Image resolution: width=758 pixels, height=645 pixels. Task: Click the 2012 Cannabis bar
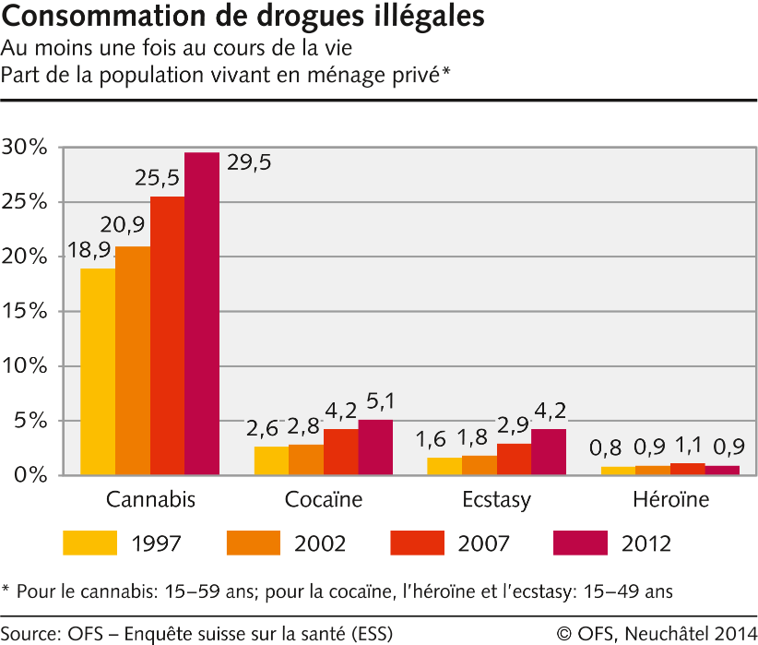(202, 314)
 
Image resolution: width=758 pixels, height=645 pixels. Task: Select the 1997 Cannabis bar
(98, 372)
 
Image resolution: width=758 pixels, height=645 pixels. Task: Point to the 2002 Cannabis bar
(133, 361)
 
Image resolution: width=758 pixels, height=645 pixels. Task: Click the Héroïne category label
(670, 501)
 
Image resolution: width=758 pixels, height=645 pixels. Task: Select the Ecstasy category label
(497, 501)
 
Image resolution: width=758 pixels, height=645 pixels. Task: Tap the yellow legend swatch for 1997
(90, 543)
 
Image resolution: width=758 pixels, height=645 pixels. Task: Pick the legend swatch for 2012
(582, 543)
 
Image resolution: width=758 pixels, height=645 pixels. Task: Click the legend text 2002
(320, 544)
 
